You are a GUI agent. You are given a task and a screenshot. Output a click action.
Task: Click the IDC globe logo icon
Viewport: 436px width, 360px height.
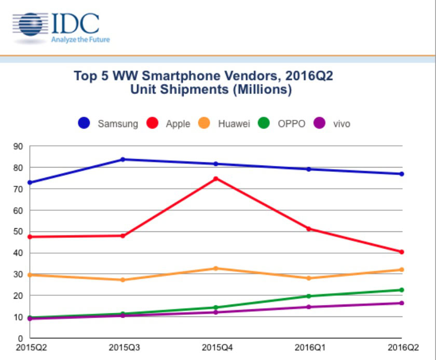[31, 24]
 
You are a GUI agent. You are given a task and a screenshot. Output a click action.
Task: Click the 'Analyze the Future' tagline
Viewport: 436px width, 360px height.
[80, 39]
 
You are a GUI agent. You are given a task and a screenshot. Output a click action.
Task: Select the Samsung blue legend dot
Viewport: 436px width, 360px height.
[84, 123]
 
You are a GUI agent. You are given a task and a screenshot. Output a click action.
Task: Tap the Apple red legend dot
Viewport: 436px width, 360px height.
[153, 123]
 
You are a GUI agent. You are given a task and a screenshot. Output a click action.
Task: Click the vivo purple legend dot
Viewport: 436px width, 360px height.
[320, 123]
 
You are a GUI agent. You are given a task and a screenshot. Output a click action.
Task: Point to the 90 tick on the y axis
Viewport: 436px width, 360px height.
[19, 146]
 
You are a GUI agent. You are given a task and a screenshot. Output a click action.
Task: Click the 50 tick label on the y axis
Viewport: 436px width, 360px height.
[19, 232]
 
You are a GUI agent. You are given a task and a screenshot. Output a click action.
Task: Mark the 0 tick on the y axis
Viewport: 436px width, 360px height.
[21, 338]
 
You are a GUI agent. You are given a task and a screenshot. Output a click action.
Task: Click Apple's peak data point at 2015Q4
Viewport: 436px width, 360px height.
[216, 179]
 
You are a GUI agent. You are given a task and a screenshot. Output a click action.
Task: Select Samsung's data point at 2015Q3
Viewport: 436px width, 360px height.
[122, 159]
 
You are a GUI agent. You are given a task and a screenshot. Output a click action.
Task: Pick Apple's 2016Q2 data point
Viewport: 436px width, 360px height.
[402, 252]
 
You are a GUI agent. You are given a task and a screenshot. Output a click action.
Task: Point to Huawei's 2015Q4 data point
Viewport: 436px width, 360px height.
[216, 268]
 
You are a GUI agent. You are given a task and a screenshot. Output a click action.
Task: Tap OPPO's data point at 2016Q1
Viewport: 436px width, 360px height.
[309, 296]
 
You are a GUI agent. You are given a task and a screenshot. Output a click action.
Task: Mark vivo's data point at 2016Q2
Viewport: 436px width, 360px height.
[402, 303]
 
